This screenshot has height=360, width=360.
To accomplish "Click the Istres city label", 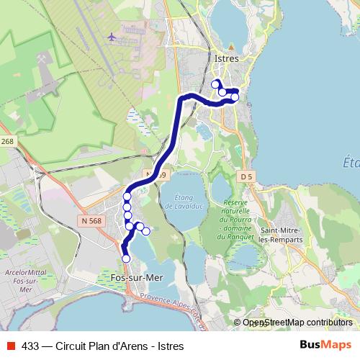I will [x=225, y=58].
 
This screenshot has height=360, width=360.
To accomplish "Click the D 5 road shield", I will [x=246, y=176].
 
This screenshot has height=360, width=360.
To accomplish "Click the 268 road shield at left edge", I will [x=7, y=141].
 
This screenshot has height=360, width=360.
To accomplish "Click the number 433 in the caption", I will [x=30, y=346].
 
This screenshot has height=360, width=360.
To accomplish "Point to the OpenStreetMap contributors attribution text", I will [x=297, y=322].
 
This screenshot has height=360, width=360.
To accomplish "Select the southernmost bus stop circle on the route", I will [x=126, y=258].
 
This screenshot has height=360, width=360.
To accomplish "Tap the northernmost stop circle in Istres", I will [x=215, y=84].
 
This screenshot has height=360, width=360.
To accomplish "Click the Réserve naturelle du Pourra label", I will [x=236, y=213].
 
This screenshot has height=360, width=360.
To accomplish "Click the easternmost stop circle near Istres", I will [x=235, y=96].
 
